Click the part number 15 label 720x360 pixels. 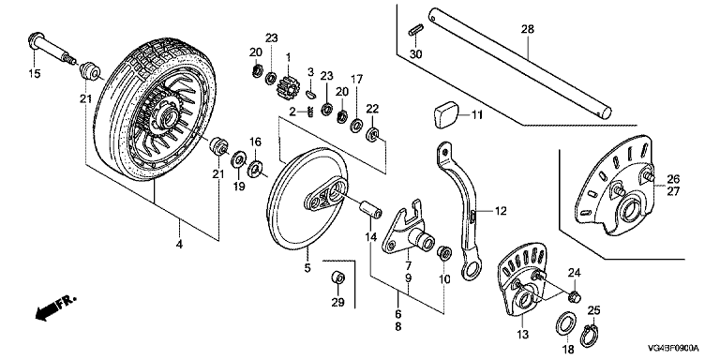pos(35,73)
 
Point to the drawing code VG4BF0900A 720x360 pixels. pos(673,348)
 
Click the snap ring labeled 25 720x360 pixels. pos(591,336)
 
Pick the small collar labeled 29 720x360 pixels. pos(337,277)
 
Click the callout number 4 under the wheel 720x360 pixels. pos(179,245)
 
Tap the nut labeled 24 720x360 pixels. pos(575,297)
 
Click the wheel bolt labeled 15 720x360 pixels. pos(52,49)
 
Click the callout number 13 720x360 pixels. pos(523,334)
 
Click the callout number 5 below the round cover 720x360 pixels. pos(307,267)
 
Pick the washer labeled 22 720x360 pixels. pos(372,135)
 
